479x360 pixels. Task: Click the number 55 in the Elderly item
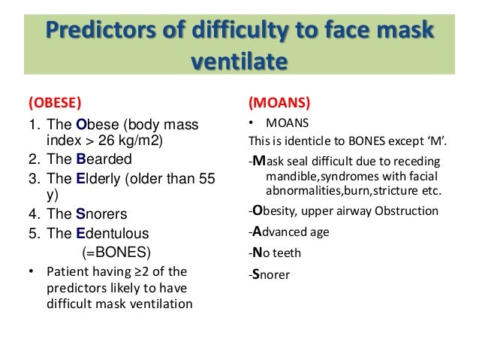click(205, 178)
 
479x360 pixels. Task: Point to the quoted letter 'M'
click(430, 141)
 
